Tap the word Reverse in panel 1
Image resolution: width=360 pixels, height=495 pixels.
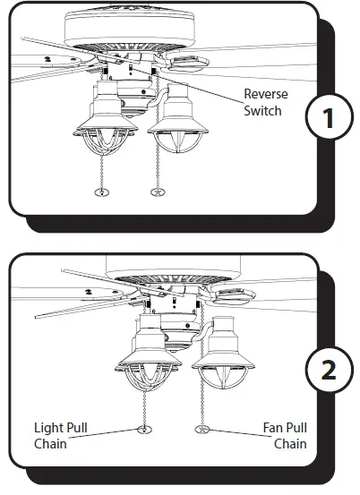coord(266,94)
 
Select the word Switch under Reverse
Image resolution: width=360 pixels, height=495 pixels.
coord(263,111)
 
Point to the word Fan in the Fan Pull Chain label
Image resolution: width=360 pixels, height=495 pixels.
coord(273,428)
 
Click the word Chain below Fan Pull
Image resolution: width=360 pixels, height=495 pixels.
coord(289,444)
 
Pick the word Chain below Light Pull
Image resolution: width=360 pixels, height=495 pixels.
coord(51,444)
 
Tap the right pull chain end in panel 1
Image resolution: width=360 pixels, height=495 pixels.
coord(159,192)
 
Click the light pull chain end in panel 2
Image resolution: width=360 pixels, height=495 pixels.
coord(143,431)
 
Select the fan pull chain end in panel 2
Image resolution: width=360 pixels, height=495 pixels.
coord(201,431)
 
